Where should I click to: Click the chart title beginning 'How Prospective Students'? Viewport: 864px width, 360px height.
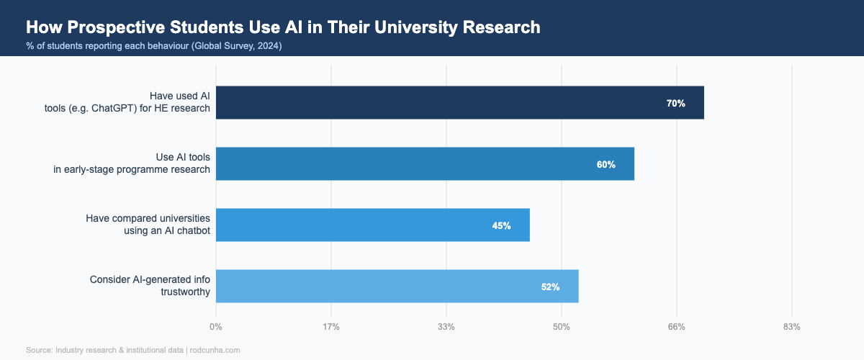pos(282,27)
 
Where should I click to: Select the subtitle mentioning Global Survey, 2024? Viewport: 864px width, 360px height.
pos(153,46)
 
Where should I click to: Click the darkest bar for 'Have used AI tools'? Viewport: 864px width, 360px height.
pos(459,103)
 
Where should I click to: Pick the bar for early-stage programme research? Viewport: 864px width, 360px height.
pos(425,164)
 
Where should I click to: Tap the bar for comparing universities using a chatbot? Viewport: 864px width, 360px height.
pos(372,225)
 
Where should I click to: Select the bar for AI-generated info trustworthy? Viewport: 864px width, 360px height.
pos(397,287)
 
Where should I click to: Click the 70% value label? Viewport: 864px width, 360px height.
pos(675,104)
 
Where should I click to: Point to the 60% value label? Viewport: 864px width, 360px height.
pos(606,165)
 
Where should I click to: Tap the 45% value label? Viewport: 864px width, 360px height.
pos(501,226)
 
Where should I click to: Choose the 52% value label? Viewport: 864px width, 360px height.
pos(550,287)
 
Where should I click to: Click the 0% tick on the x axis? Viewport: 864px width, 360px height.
pos(216,327)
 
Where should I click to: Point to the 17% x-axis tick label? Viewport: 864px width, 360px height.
pos(331,327)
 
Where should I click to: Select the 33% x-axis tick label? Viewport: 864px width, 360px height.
pos(446,327)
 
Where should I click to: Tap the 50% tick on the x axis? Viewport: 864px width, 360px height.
pos(562,327)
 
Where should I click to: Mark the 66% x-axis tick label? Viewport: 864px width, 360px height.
pos(677,327)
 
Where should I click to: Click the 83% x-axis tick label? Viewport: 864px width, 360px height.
pos(792,327)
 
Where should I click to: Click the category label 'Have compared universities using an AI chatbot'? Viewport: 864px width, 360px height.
pos(148,225)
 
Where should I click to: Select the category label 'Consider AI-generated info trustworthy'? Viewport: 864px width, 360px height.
pos(150,286)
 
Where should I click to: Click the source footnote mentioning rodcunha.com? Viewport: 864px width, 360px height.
pos(132,350)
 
